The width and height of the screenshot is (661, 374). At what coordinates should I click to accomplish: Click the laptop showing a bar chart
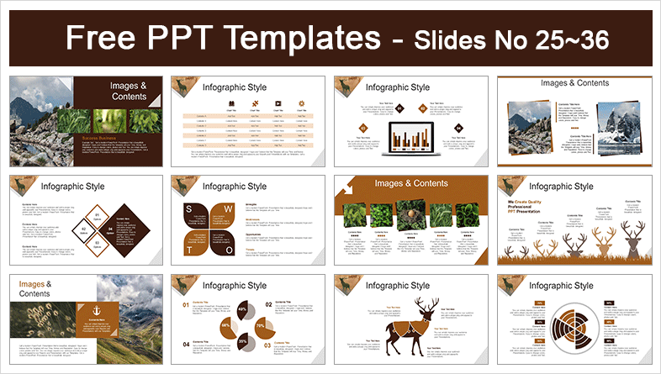click(412, 137)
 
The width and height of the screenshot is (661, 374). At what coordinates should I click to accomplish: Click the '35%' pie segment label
click(219, 343)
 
